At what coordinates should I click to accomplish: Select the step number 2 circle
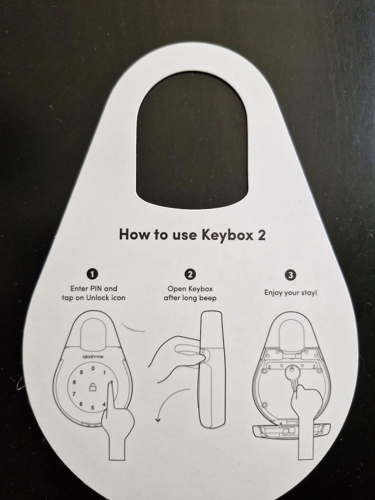coord(190,274)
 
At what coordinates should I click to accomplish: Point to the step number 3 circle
coord(291,275)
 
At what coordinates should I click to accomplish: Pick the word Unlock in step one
coord(98,298)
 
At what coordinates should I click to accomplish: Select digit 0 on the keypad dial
coord(93,368)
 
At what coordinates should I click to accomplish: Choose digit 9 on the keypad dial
coord(81,373)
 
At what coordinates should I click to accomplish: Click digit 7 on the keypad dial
coord(74,394)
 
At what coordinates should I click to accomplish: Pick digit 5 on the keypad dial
coord(93,407)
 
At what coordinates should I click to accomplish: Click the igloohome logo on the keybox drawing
coord(93,356)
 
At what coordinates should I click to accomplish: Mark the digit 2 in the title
coord(261,235)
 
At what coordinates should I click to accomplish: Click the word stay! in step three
coord(309,293)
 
